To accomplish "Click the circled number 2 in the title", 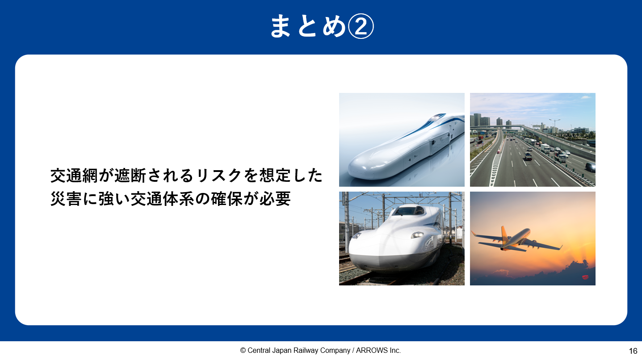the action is [361, 26].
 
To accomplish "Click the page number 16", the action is [633, 351].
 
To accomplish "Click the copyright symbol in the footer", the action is [243, 350].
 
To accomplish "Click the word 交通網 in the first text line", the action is [74, 176].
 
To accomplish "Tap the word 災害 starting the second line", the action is [66, 199].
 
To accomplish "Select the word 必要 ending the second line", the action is [275, 199].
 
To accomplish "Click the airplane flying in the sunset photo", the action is [516, 239].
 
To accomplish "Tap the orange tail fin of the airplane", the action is [504, 233].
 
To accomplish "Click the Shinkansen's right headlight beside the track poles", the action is [417, 235].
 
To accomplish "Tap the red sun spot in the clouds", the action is [585, 277].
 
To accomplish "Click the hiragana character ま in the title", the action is [281, 26].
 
